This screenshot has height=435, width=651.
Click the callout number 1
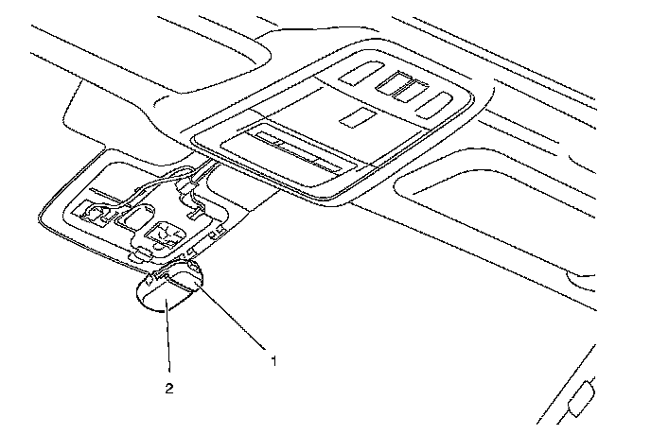tap(273, 360)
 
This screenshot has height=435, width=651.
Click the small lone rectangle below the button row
tap(356, 116)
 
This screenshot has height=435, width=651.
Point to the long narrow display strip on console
tap(295, 150)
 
